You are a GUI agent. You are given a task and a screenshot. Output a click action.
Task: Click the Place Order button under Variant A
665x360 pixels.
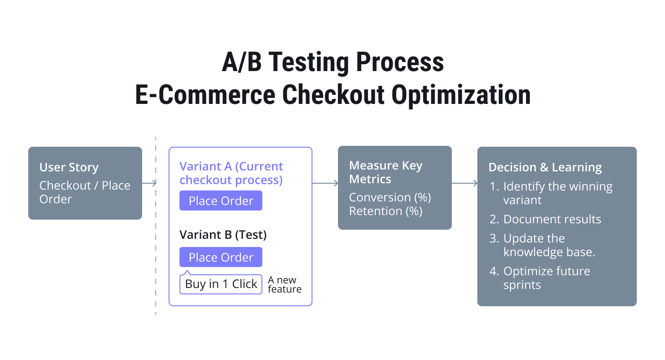220,201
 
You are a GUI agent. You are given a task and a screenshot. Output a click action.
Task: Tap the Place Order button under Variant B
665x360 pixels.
220,257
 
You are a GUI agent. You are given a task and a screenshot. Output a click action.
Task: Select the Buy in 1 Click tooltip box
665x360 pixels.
221,284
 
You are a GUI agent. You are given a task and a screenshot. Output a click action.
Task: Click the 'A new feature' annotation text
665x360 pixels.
284,284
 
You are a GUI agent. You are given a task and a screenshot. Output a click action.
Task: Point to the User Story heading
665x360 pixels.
69,167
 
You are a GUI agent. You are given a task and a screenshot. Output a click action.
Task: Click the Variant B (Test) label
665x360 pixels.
223,235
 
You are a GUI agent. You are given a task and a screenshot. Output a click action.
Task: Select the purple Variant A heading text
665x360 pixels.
231,173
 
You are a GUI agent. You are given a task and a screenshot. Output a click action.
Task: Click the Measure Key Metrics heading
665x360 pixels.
385,172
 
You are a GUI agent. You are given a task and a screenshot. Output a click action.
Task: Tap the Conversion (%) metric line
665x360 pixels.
390,197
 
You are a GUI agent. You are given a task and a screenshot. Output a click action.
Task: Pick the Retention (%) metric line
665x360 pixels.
385,211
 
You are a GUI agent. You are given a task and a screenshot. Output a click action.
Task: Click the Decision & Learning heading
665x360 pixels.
545,167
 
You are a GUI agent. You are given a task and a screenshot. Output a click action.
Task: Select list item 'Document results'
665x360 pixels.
552,219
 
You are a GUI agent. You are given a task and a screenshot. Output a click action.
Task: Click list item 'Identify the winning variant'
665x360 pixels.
557,193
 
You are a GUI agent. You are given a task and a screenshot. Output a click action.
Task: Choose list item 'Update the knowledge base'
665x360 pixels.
548,245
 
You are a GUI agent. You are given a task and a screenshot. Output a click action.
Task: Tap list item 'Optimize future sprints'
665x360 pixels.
546,278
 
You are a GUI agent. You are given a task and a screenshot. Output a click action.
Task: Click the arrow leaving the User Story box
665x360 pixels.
149,183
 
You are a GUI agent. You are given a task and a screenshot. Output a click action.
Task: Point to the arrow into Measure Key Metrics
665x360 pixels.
325,183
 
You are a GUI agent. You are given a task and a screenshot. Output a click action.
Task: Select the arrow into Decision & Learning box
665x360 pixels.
464,183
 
